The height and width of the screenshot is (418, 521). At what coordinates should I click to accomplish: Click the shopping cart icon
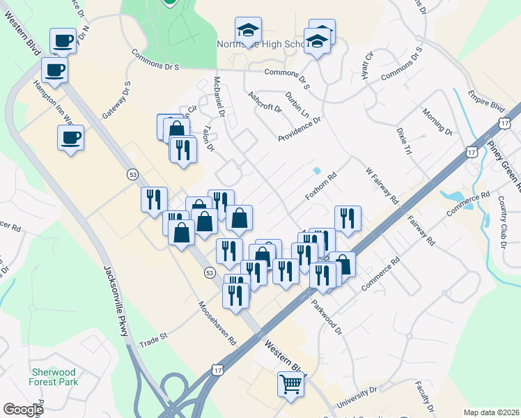pos(290,383)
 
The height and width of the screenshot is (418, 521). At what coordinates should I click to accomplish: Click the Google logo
pos(24,410)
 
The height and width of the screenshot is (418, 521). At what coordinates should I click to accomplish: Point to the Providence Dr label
pos(299,129)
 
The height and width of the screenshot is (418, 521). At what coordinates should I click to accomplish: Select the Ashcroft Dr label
pos(265,102)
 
